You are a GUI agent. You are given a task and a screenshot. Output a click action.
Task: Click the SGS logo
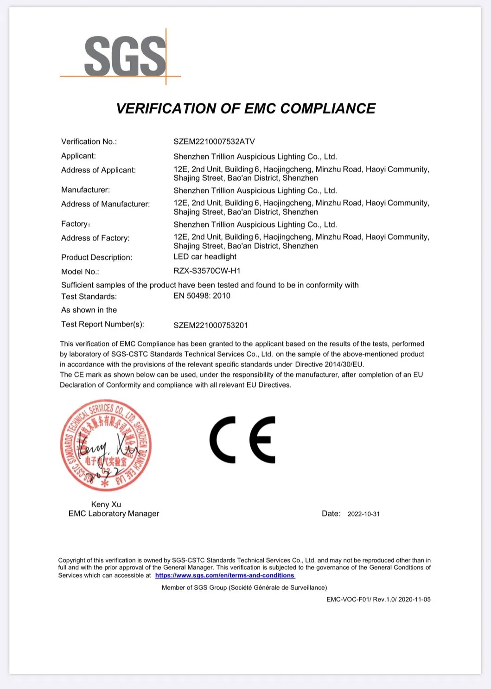pyautogui.click(x=124, y=57)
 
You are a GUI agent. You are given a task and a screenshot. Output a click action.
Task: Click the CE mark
pyautogui.click(x=242, y=440)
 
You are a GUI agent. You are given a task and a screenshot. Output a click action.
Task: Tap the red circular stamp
pyautogui.click(x=106, y=445)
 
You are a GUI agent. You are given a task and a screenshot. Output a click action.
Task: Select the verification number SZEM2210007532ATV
pyautogui.click(x=214, y=141)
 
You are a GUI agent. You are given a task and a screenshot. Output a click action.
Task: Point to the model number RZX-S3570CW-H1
pyautogui.click(x=207, y=271)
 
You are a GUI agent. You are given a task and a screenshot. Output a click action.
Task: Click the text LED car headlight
pyautogui.click(x=205, y=257)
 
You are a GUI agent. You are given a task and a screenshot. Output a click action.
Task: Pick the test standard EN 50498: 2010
pyautogui.click(x=202, y=296)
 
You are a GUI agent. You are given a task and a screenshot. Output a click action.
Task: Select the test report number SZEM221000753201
pyautogui.click(x=210, y=325)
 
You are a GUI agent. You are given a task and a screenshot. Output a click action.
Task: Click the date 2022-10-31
pyautogui.click(x=363, y=514)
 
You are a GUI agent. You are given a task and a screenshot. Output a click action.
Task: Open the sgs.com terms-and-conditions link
pyautogui.click(x=225, y=575)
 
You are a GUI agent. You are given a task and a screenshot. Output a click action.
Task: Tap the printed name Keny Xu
pyautogui.click(x=106, y=504)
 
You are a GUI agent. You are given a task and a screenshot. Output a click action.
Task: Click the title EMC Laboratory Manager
pyautogui.click(x=114, y=514)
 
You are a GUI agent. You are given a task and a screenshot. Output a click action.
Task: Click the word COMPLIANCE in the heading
pyautogui.click(x=328, y=108)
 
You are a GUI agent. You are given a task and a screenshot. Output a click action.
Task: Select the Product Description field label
pyautogui.click(x=96, y=257)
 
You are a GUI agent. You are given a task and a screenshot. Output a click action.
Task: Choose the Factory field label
pyautogui.click(x=76, y=224)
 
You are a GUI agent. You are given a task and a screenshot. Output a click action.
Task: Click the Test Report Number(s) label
pyautogui.click(x=102, y=324)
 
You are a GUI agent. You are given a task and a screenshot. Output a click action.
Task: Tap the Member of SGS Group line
pyautogui.click(x=244, y=587)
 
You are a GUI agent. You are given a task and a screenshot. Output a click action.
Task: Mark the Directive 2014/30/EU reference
pyautogui.click(x=329, y=364)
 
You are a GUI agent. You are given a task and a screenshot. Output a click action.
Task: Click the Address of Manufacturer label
pyautogui.click(x=105, y=204)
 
